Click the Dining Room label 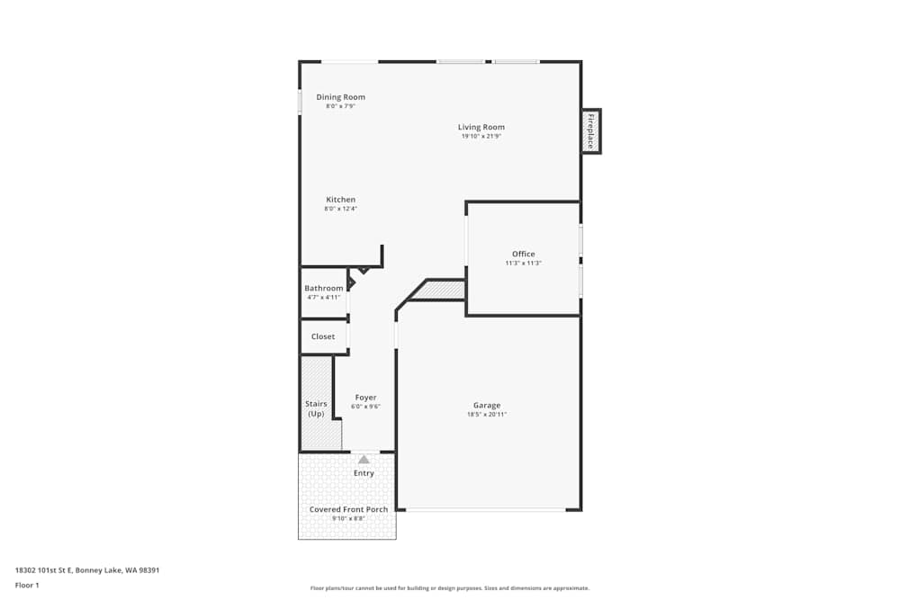340,97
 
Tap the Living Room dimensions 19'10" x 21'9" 481,137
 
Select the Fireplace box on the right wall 591,131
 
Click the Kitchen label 340,200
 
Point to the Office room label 523,255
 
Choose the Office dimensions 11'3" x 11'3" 523,264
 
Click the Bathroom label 323,288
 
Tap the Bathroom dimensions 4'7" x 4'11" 323,298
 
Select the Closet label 323,336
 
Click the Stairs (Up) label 316,409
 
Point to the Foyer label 365,398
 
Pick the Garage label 487,405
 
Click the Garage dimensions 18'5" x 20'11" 487,415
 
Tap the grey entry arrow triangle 364,460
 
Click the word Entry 364,473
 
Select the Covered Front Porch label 348,509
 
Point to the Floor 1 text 27,585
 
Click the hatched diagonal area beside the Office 441,290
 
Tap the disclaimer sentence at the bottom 449,588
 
